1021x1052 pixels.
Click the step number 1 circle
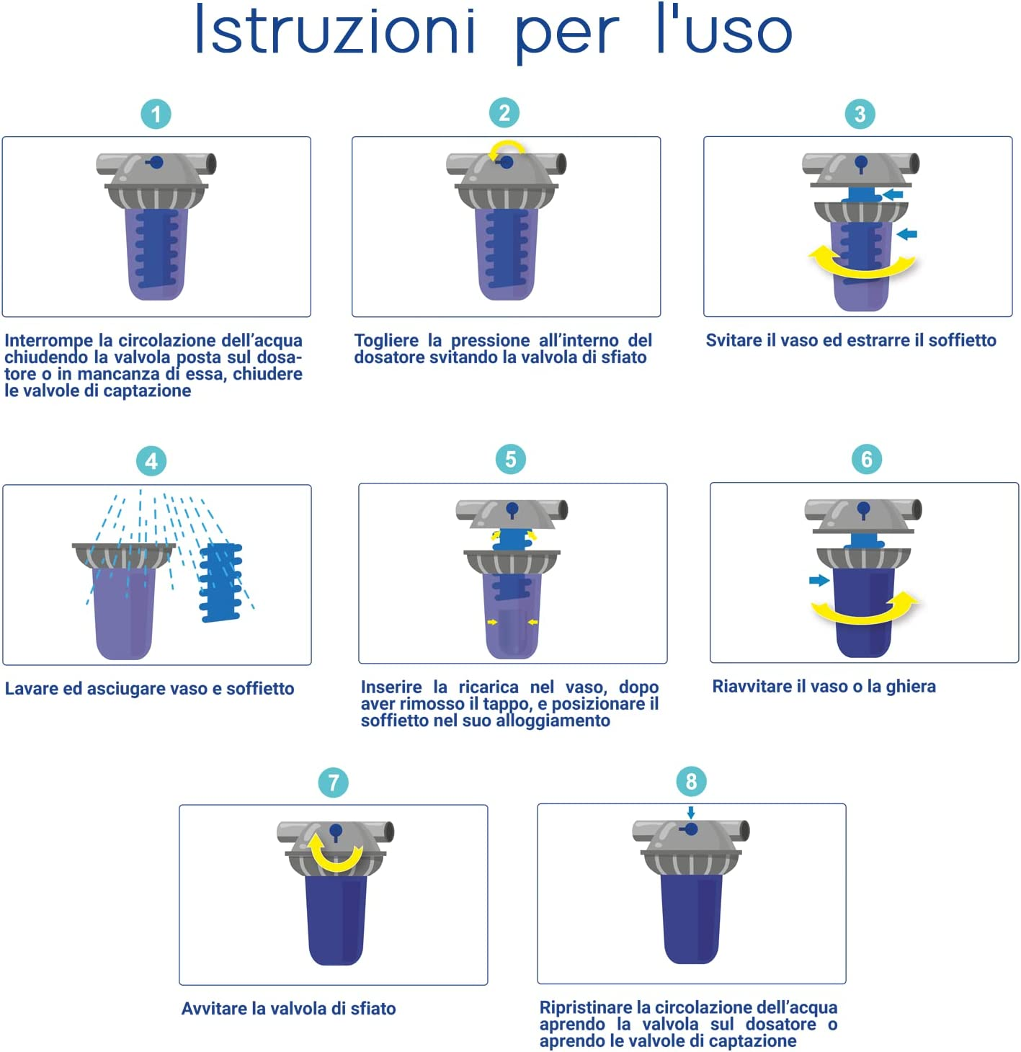pyautogui.click(x=156, y=114)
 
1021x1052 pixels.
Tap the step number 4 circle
pyautogui.click(x=151, y=461)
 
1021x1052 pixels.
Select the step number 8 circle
pyautogui.click(x=691, y=781)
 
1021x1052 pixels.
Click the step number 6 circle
pyautogui.click(x=866, y=459)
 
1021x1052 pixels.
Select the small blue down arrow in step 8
pyautogui.click(x=690, y=812)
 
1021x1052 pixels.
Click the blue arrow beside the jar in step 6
pyautogui.click(x=819, y=580)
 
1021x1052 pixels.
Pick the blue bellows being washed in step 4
pyautogui.click(x=221, y=582)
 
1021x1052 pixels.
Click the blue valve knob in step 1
pyautogui.click(x=156, y=161)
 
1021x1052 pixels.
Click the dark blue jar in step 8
pyautogui.click(x=691, y=919)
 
